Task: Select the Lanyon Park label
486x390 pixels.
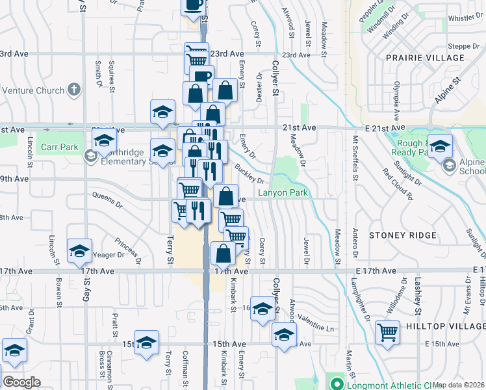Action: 283,193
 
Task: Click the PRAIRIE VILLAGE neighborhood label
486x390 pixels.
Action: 426,58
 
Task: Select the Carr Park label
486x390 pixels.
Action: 59,148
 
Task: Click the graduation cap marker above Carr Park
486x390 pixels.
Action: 103,139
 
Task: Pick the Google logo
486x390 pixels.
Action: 21,382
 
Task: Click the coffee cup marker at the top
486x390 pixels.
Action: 193,6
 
